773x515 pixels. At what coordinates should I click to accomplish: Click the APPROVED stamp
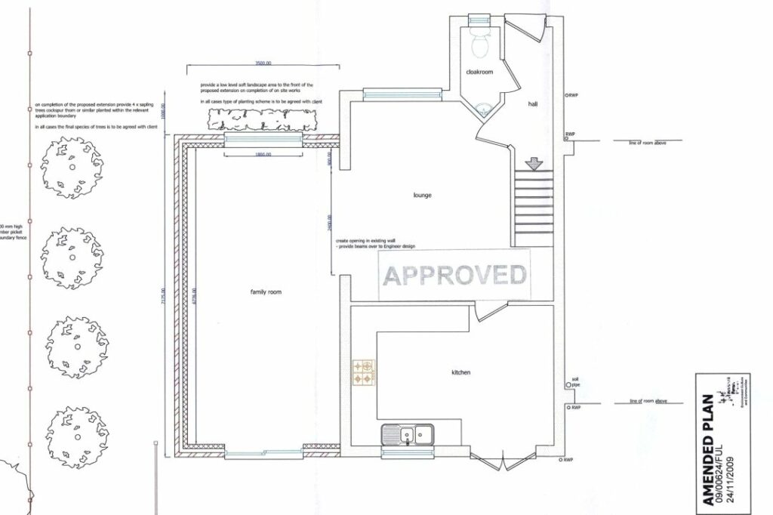pos(454,274)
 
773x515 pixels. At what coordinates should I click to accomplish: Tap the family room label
pos(266,291)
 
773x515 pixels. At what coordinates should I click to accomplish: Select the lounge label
pos(422,195)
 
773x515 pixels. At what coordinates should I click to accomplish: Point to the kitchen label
pos(461,372)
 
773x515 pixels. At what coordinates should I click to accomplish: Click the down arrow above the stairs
pos(534,162)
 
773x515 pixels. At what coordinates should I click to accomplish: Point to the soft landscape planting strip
pos(261,119)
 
